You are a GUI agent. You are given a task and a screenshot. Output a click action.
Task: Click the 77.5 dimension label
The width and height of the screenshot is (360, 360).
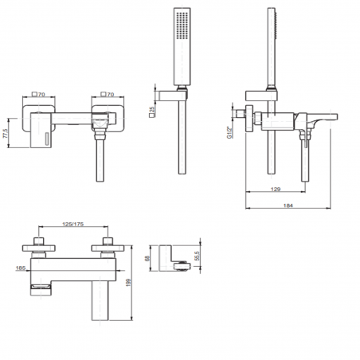click(x=6, y=133)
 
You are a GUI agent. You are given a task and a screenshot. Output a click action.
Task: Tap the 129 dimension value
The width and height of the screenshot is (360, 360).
click(x=276, y=190)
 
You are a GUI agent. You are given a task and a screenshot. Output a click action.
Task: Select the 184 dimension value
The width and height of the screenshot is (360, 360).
click(x=288, y=205)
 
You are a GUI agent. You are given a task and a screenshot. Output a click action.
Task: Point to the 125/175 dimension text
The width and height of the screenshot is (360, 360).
click(x=73, y=224)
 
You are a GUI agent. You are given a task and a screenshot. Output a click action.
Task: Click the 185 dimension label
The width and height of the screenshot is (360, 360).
click(x=21, y=268)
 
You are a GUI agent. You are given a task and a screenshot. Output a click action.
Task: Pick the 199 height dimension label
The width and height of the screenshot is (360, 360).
click(x=129, y=283)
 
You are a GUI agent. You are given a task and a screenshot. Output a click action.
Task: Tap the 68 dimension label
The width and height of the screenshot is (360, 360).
click(x=147, y=258)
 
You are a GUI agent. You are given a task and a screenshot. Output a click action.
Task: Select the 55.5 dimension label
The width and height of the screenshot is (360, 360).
click(x=197, y=256)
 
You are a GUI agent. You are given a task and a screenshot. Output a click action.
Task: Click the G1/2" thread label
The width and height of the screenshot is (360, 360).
click(x=229, y=132)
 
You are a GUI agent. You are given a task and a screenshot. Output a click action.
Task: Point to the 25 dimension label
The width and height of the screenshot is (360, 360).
click(x=152, y=109)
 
